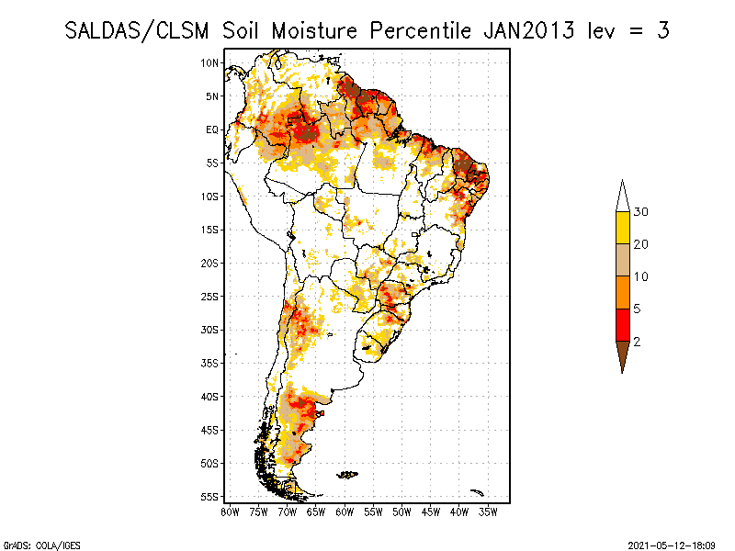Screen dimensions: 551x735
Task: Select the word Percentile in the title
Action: coord(420,30)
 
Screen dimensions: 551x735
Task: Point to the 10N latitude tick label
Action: coord(210,62)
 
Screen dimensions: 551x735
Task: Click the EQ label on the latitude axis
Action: coord(212,129)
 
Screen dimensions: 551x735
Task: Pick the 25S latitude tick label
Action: coord(210,297)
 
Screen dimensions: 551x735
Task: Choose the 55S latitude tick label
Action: coord(210,497)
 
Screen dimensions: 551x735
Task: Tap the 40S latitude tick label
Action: coord(210,397)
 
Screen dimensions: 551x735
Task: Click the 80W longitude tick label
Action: coord(230,512)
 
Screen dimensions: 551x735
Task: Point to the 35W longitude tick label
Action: coord(489,512)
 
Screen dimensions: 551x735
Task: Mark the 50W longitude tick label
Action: coord(402,512)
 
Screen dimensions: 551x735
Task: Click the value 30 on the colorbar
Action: coord(641,212)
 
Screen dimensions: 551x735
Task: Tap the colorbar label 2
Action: coord(637,341)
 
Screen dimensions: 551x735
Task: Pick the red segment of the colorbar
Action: coord(622,324)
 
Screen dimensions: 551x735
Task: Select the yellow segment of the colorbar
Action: coord(622,228)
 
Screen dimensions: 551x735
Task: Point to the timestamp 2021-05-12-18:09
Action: coord(672,544)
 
